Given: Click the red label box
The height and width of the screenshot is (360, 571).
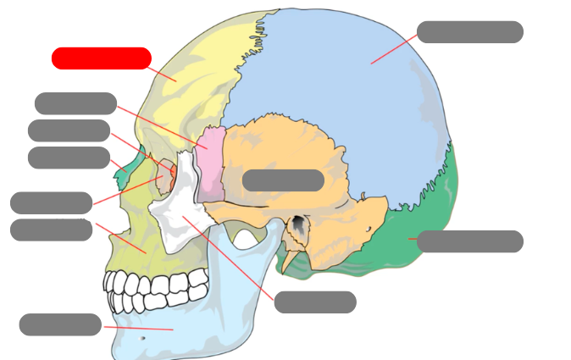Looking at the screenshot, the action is click(101, 58).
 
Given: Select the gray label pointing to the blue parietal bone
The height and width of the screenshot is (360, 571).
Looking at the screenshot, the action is click(469, 32).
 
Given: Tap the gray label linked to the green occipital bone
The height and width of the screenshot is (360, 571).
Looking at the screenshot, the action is click(469, 241).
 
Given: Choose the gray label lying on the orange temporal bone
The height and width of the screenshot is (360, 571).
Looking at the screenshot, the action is click(283, 180).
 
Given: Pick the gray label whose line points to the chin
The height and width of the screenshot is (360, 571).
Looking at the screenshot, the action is click(60, 324).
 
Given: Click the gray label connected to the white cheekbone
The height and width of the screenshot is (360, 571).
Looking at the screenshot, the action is click(314, 302).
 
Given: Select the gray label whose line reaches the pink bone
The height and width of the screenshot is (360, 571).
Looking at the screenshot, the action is click(75, 103).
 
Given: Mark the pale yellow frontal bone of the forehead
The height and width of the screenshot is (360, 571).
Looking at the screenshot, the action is click(195, 76).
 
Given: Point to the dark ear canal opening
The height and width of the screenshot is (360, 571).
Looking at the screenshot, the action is click(298, 225).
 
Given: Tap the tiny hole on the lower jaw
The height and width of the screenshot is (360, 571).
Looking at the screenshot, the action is click(142, 338).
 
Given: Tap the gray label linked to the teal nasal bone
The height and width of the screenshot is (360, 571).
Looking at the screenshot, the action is click(69, 158).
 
